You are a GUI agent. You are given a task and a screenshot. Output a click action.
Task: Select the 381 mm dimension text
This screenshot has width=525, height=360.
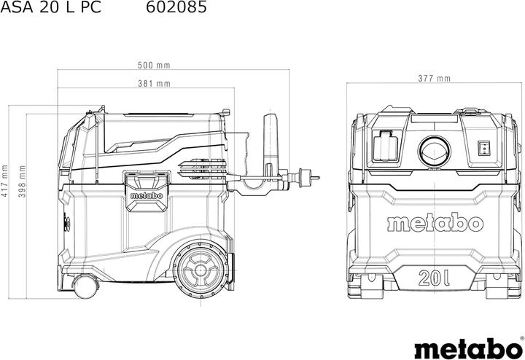154,83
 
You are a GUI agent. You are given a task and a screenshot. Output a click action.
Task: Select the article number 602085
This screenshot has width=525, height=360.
176,9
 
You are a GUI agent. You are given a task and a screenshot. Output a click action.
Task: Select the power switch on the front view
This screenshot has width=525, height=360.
483,149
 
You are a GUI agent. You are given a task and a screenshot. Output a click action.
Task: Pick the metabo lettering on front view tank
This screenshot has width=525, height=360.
435,222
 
